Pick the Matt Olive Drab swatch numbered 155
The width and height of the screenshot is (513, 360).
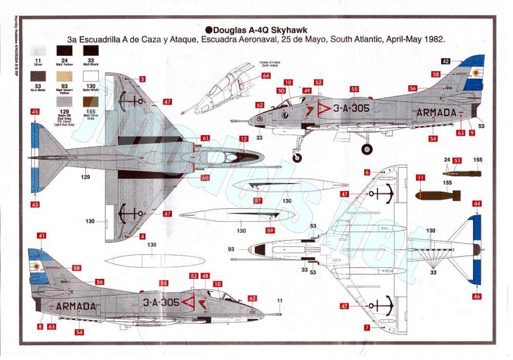pos(91,101)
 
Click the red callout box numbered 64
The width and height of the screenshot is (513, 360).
pos(265,76)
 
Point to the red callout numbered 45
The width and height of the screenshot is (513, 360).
pos(35,111)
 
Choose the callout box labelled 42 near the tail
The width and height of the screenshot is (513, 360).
pos(445,61)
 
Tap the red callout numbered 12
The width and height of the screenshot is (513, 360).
pos(243,139)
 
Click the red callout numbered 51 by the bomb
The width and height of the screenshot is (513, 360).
pos(457,161)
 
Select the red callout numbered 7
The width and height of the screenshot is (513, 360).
pos(367,327)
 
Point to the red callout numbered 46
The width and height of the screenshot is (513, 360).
pos(477,296)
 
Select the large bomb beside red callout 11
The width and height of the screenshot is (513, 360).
pos(438,195)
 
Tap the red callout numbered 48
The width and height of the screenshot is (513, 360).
pos(205,276)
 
